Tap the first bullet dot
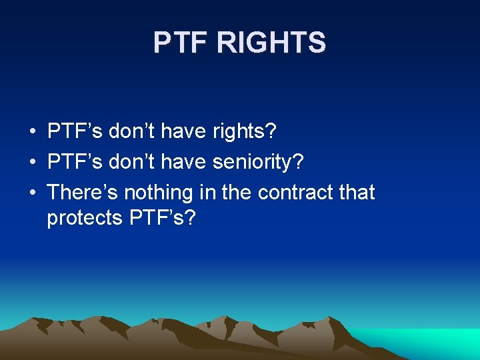tap(33, 131)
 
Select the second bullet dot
tap(33, 162)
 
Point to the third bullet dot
tap(33, 193)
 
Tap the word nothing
tap(159, 193)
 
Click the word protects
tap(83, 218)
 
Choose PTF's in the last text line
tap(161, 218)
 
